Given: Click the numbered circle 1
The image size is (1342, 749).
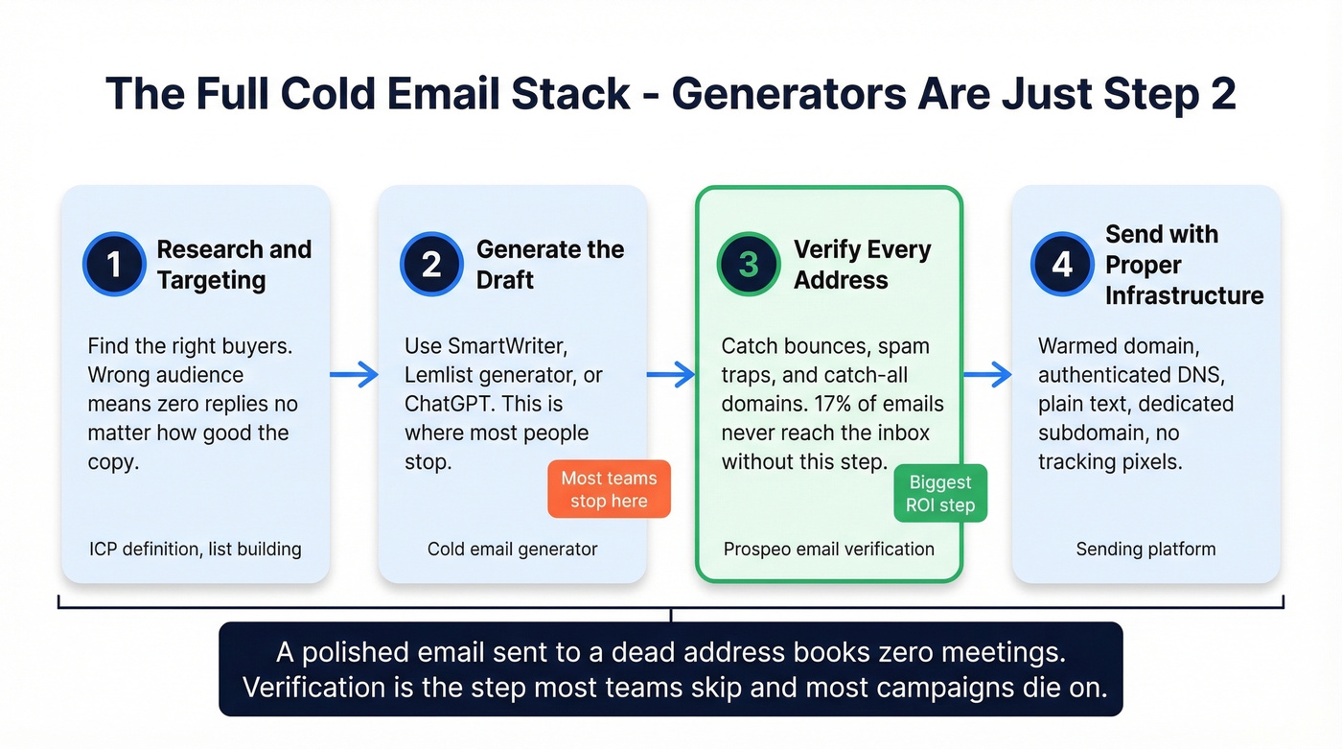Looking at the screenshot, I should (114, 264).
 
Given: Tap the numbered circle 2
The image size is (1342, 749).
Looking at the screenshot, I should (431, 264).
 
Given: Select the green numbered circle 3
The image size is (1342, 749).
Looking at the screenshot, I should (749, 264).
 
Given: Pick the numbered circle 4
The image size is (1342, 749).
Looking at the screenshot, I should (1062, 264).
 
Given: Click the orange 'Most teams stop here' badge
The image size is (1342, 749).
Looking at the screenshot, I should (609, 489).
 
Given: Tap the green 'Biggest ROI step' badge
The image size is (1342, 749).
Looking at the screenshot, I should (940, 494).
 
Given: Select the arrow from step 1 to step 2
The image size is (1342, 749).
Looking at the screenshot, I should (354, 375).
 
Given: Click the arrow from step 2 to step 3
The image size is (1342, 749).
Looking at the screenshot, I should (671, 375).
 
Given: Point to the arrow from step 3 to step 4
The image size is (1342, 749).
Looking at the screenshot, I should (987, 375).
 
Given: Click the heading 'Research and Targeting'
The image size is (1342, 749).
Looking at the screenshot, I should (234, 265).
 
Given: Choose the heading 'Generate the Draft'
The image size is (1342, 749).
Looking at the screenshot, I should (550, 265).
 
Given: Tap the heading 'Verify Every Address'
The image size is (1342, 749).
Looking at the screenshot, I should (862, 265).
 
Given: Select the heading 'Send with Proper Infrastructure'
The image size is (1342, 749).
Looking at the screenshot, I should (1184, 265).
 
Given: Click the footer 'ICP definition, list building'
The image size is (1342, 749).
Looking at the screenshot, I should (196, 550).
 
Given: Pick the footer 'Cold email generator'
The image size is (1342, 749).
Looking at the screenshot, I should (512, 550).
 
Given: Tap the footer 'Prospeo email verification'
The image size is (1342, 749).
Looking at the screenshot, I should (828, 550).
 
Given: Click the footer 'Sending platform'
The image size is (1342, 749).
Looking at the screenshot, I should (1145, 550).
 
